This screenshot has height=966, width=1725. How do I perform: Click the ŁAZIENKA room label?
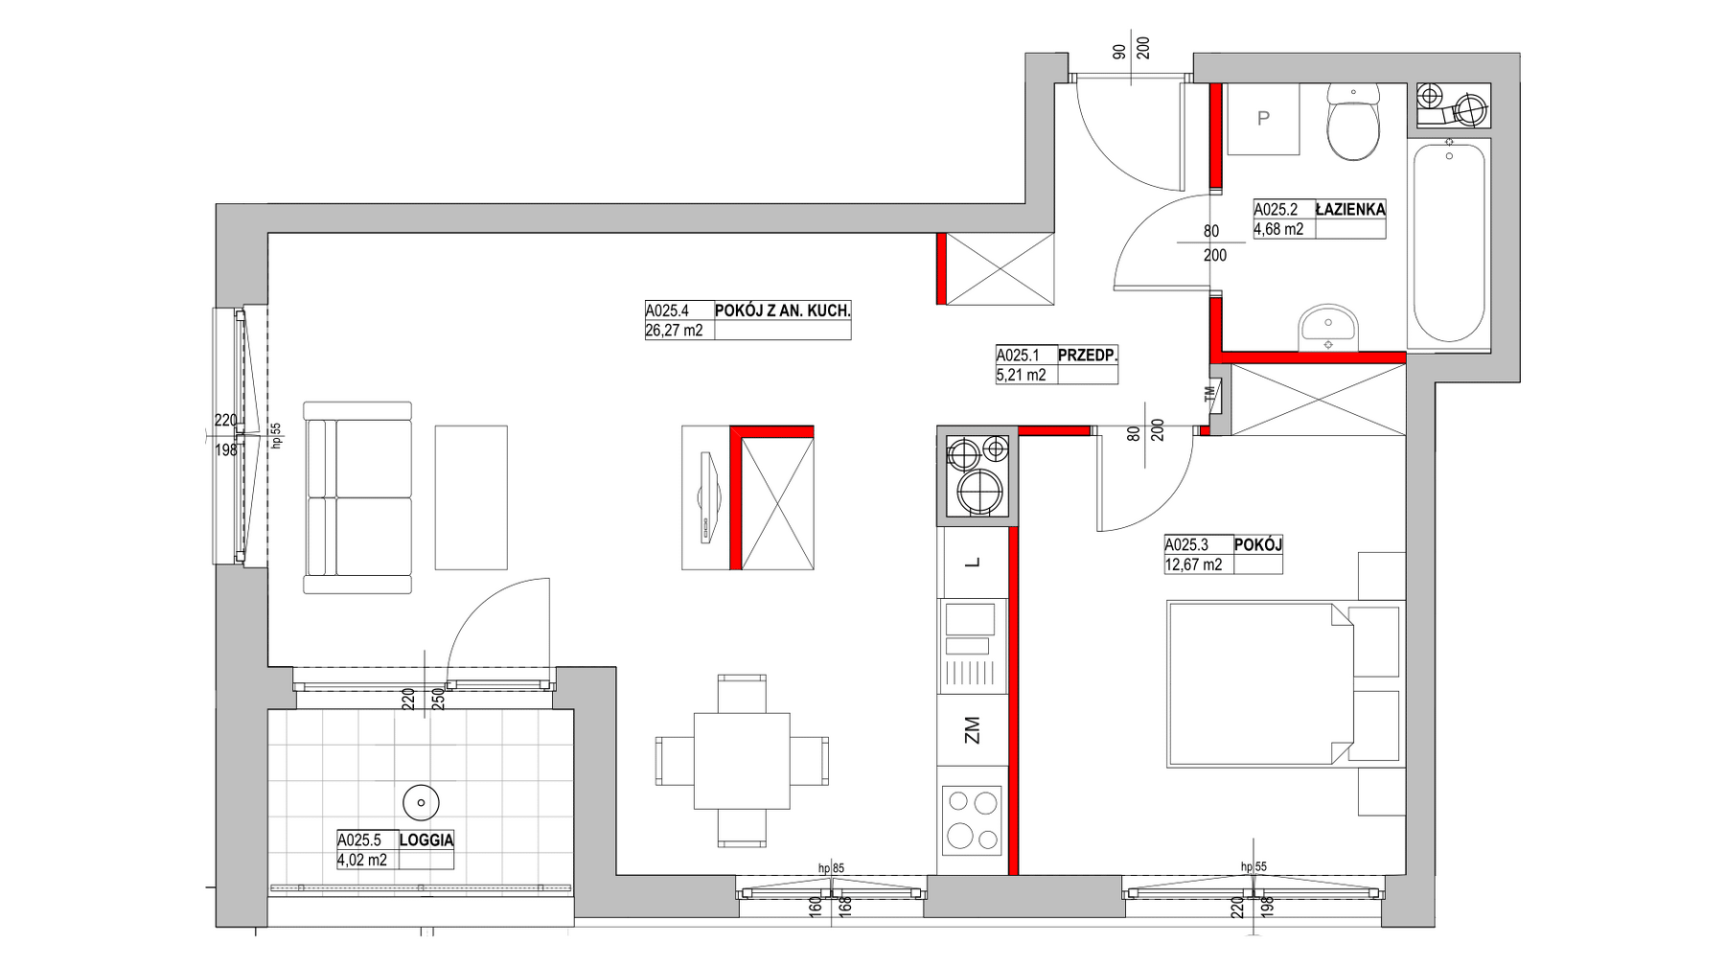coord(1350,209)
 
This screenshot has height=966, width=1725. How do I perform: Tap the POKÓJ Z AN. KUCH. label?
coord(783,310)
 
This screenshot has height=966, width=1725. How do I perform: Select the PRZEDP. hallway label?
coord(1088,356)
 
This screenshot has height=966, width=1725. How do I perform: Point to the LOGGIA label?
coord(426,840)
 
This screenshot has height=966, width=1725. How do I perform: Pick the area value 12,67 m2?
coord(1194,565)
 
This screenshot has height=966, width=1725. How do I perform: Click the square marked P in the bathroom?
coord(1263,119)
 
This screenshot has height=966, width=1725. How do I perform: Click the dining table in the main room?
coord(742,761)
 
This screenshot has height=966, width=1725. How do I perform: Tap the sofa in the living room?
coord(357,497)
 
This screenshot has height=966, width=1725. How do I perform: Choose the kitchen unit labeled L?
coord(973,563)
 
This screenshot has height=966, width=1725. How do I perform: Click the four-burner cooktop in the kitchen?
coord(973,820)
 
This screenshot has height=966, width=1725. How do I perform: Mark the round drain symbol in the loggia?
coord(421,799)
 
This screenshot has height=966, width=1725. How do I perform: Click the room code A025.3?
coord(1187,544)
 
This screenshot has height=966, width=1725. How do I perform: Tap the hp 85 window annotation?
coord(832,869)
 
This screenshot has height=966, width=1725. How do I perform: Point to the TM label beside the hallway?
coord(1209,392)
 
